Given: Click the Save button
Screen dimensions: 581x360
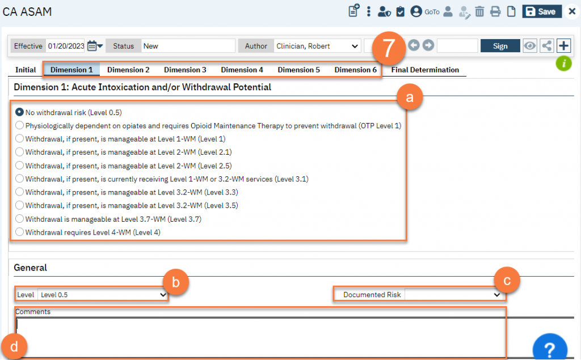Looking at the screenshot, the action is coord(542,11).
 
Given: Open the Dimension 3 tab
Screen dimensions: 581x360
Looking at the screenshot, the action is coord(185,70).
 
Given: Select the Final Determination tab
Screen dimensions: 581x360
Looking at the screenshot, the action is coord(425,70).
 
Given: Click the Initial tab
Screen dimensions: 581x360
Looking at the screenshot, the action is coord(26,70).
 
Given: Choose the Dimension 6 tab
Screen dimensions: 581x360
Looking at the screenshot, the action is coord(355,70).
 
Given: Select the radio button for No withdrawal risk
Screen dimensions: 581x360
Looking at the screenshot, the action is coord(20,112).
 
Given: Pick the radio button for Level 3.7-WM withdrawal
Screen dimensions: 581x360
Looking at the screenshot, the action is coord(20,218).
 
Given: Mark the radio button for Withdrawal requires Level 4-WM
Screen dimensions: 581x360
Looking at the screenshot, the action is coord(20,232).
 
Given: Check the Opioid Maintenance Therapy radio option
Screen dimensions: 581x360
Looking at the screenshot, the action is coord(20,125).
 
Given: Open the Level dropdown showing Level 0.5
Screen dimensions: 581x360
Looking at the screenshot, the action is coord(103,295).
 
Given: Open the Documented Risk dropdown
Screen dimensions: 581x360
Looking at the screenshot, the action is coord(453,295).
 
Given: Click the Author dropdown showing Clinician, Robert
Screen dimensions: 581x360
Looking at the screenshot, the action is coord(317,46).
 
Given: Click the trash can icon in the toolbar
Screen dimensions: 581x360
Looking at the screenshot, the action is coord(479,11).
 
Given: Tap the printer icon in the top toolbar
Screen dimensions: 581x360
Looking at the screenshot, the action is coord(495,11).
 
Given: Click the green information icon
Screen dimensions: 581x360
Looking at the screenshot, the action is coord(563,63).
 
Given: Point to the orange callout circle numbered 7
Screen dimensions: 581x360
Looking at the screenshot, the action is coord(388,48).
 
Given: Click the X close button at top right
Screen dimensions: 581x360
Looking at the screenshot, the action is coord(572,11).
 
